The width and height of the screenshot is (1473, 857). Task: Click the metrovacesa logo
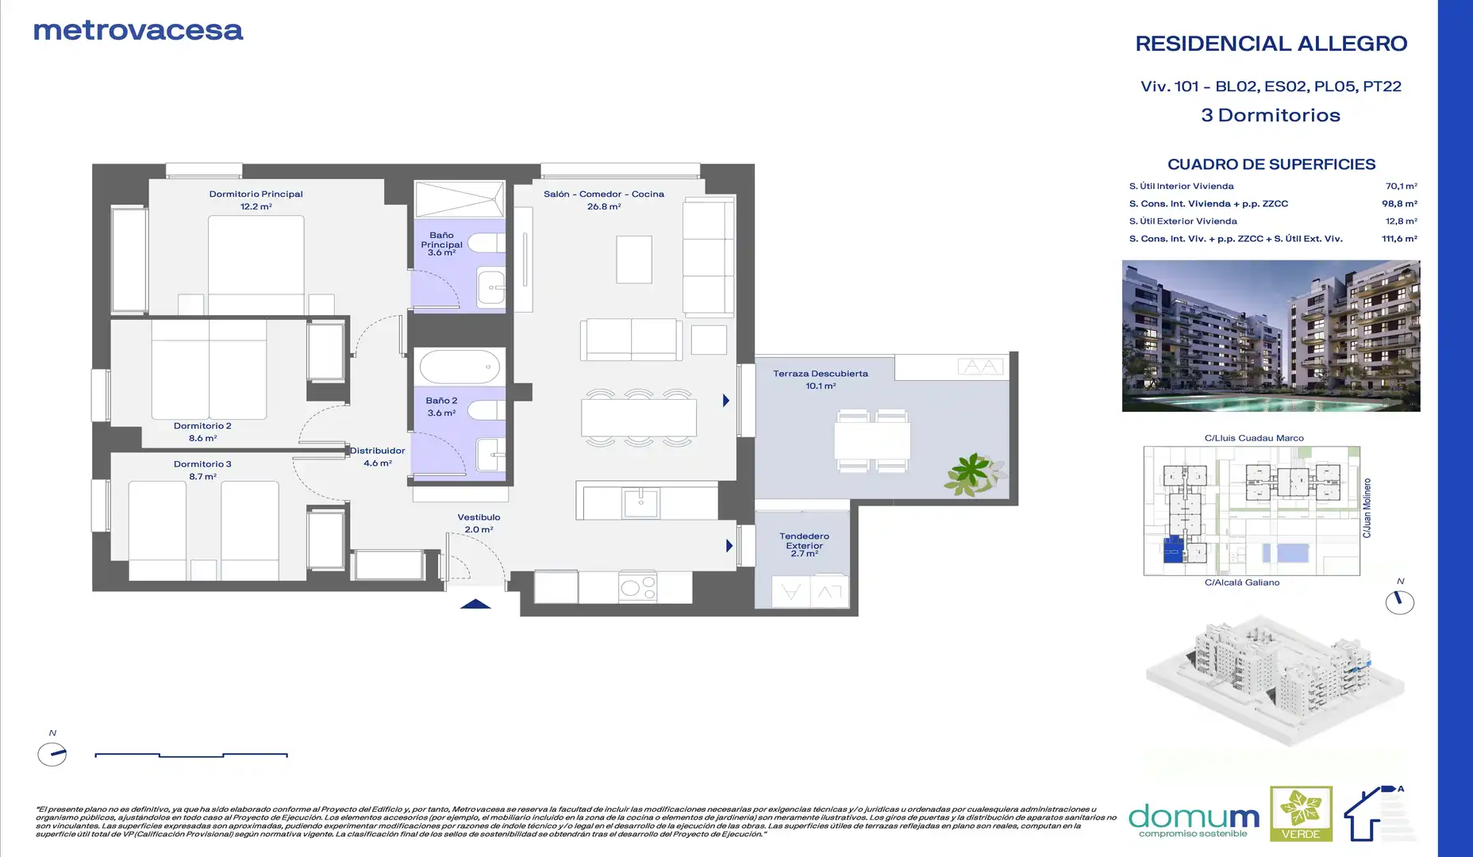(138, 30)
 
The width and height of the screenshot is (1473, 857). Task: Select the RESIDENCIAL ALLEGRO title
(1271, 44)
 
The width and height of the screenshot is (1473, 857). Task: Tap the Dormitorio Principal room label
(256, 194)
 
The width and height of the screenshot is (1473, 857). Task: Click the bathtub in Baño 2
(460, 367)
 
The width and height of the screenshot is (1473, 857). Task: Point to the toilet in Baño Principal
(487, 243)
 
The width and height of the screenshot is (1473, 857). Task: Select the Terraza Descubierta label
(821, 374)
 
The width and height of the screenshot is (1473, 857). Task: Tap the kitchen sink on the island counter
(640, 503)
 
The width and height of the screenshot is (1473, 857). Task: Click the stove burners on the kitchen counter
(638, 587)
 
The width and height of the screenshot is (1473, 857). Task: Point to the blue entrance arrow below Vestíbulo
(475, 604)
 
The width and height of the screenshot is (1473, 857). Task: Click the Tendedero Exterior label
(804, 541)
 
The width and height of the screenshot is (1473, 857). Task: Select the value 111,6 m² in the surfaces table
(1399, 239)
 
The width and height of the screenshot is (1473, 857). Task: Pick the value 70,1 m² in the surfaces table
(1401, 186)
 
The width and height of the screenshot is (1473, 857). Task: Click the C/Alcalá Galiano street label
(1242, 582)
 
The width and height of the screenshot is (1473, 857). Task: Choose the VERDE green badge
(1301, 813)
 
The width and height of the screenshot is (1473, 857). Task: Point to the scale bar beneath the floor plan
(191, 755)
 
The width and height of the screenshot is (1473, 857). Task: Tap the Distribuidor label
(378, 451)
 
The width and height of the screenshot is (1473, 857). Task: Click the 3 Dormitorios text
(1271, 115)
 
